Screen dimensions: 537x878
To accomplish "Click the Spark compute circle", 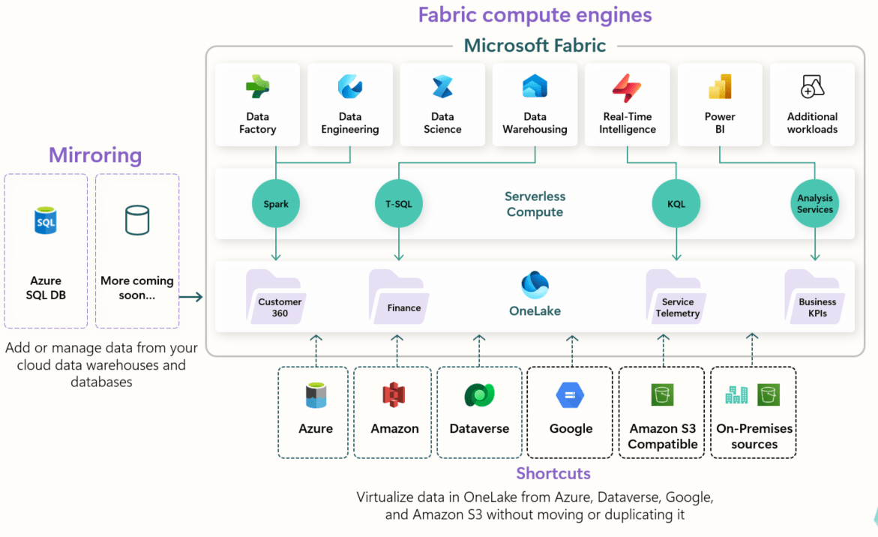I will pos(276,203).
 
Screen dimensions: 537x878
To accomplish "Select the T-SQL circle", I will pos(398,203).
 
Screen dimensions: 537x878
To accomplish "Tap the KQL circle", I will pos(676,203).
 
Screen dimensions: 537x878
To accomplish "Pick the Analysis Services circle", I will pos(815,203).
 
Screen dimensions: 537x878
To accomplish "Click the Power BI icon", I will pos(720,88).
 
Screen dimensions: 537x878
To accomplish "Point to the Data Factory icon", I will pos(257,88).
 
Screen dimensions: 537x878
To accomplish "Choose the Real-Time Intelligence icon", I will pos(627,88).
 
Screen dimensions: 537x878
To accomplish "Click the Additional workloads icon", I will pos(812,87).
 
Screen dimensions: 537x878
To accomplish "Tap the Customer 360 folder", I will pos(278,298).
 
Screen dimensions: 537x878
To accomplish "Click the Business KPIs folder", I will pos(817,298).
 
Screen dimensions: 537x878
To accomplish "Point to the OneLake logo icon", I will pos(535,286).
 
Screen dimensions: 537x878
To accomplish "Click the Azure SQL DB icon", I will pos(46,221).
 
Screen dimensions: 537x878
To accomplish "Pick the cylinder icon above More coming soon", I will pos(137,220).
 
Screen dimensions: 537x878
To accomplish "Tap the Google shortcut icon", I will pos(571,394).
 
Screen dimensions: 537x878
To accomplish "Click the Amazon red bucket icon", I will pos(394,394).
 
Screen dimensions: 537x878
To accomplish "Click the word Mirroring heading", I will pos(95,155).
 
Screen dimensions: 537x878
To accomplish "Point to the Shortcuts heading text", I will pos(553,473).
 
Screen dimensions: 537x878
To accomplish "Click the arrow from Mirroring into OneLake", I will pos(191,297).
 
